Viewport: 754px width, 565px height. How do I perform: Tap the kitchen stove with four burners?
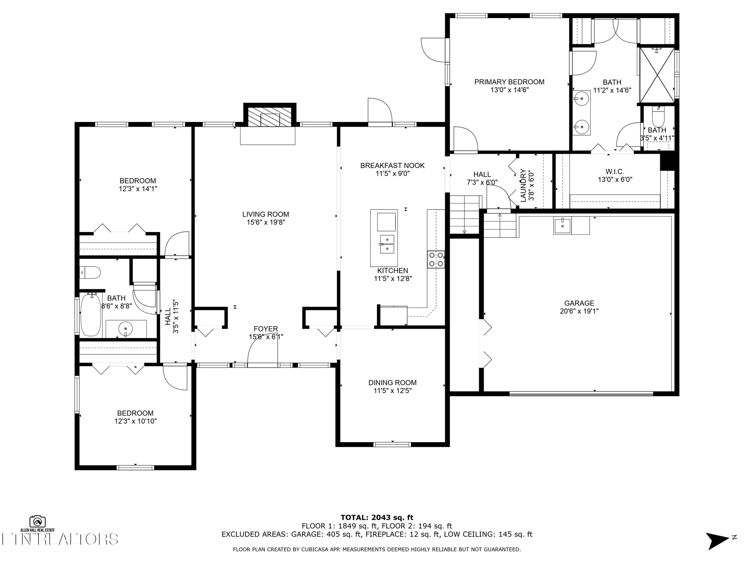[x=436, y=259]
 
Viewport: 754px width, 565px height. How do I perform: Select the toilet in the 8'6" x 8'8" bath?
[x=90, y=272]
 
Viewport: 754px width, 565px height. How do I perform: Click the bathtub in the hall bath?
[x=91, y=315]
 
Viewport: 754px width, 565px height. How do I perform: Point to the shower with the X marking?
[x=657, y=75]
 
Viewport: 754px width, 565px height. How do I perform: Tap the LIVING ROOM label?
[x=265, y=214]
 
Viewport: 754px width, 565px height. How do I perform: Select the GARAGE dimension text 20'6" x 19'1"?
[x=579, y=311]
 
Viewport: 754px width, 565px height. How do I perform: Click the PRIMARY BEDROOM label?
[x=509, y=82]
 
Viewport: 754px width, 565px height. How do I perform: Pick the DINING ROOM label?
[x=392, y=383]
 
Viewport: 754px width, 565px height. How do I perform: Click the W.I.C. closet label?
[x=615, y=171]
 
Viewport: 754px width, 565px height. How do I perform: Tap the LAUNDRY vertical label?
[x=523, y=185]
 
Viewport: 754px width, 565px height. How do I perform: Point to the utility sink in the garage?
[x=562, y=226]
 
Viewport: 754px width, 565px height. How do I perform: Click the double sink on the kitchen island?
[x=387, y=244]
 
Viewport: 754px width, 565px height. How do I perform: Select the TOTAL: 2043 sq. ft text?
[x=377, y=518]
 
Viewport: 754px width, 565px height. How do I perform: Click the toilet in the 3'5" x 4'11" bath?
[x=658, y=118]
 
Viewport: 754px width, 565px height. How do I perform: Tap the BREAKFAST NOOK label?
[x=392, y=165]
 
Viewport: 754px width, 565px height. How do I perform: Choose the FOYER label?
[x=265, y=329]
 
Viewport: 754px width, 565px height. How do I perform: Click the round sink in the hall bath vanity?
[x=126, y=329]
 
